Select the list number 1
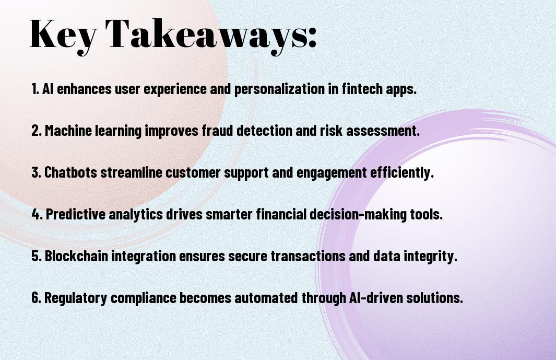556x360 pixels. click(x=35, y=89)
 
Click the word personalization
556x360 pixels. click(x=279, y=89)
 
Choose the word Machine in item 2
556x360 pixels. click(x=68, y=130)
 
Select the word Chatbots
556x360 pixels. click(x=70, y=172)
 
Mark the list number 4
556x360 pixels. click(x=37, y=214)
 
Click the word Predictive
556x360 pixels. click(x=76, y=214)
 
